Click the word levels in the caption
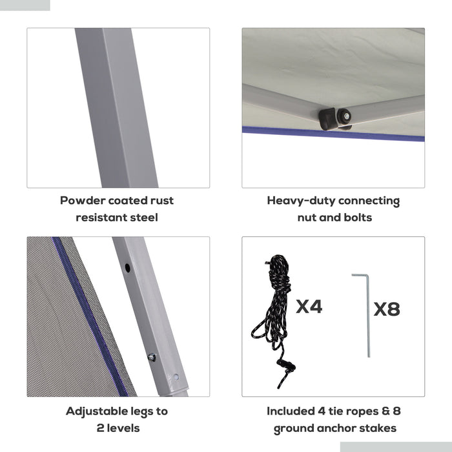click(123, 428)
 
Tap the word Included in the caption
click(291, 411)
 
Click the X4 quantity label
click(309, 306)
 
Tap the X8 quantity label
click(387, 309)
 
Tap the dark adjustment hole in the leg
click(127, 268)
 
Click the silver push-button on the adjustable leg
click(152, 358)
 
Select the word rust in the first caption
click(161, 201)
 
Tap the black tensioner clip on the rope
click(286, 366)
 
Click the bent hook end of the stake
click(360, 276)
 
